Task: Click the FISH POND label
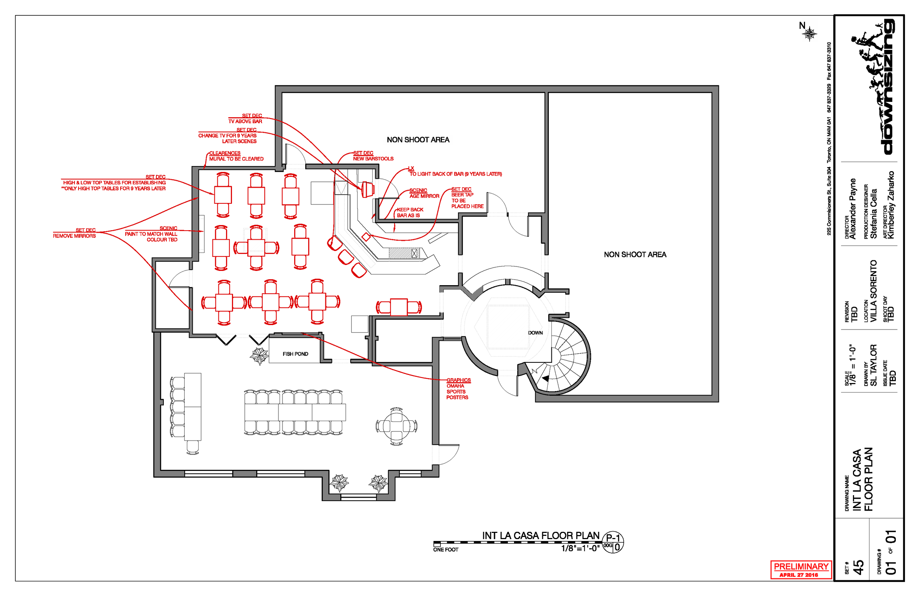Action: [x=295, y=354]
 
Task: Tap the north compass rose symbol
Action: [x=810, y=34]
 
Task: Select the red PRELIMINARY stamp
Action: [x=801, y=569]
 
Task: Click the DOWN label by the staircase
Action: [x=535, y=333]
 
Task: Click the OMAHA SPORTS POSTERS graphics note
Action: [x=458, y=389]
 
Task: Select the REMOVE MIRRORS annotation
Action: [x=75, y=233]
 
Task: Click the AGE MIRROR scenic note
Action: [x=424, y=193]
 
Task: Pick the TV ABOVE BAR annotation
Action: [x=245, y=119]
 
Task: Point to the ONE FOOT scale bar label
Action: [x=446, y=549]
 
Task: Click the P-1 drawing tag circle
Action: [x=613, y=542]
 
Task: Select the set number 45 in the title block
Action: [x=858, y=567]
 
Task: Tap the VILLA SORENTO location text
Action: [x=873, y=291]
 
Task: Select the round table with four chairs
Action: [x=396, y=426]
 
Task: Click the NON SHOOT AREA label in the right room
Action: [x=635, y=254]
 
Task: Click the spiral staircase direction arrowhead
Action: [x=546, y=379]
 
